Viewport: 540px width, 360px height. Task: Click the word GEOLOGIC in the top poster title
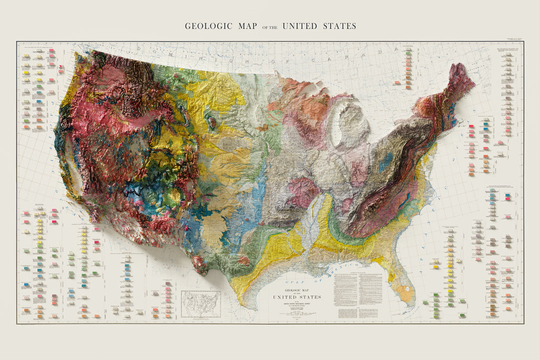tap(208, 26)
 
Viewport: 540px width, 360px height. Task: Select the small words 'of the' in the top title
tap(270, 27)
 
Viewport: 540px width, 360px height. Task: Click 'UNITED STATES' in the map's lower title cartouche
tap(296, 297)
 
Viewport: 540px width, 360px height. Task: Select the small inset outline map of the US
tap(201, 304)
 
